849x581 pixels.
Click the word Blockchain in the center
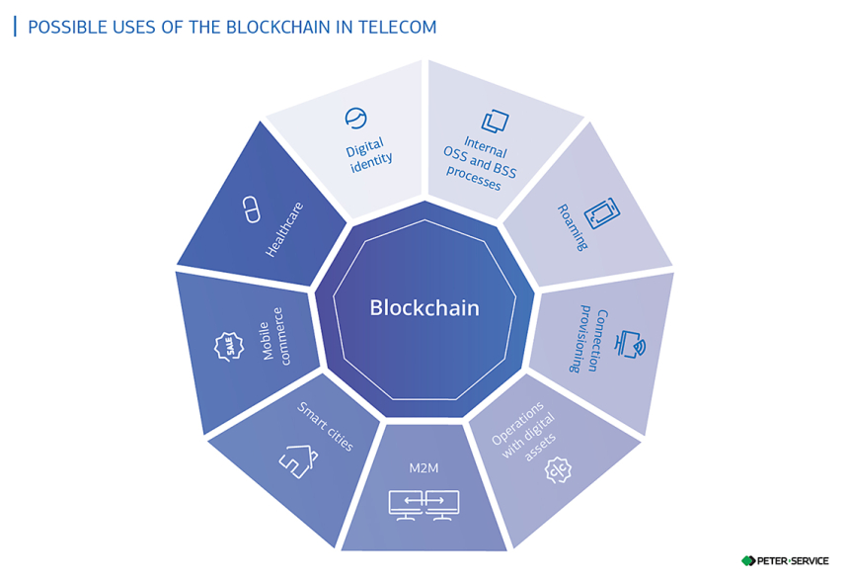(424, 308)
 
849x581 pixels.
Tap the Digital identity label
(370, 154)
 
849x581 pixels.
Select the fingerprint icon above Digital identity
(355, 119)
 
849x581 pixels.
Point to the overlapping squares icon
(496, 121)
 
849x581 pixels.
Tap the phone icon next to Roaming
(602, 214)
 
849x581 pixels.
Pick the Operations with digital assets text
(522, 426)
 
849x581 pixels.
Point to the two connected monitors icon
(424, 504)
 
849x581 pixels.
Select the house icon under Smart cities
(297, 456)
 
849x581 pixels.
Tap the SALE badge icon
(230, 348)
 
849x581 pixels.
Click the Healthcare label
(284, 229)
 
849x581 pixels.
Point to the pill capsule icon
(251, 208)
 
